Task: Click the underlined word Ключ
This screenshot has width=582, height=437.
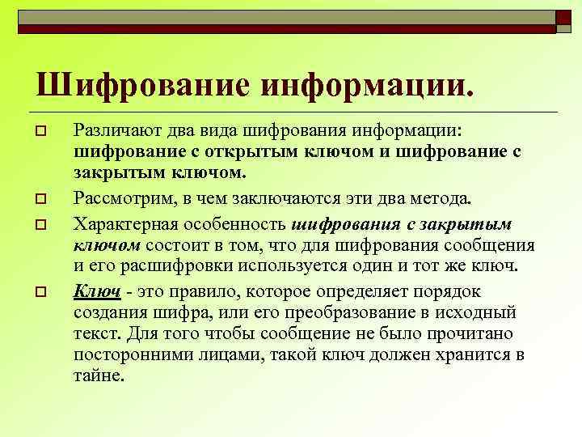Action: tap(96, 289)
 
